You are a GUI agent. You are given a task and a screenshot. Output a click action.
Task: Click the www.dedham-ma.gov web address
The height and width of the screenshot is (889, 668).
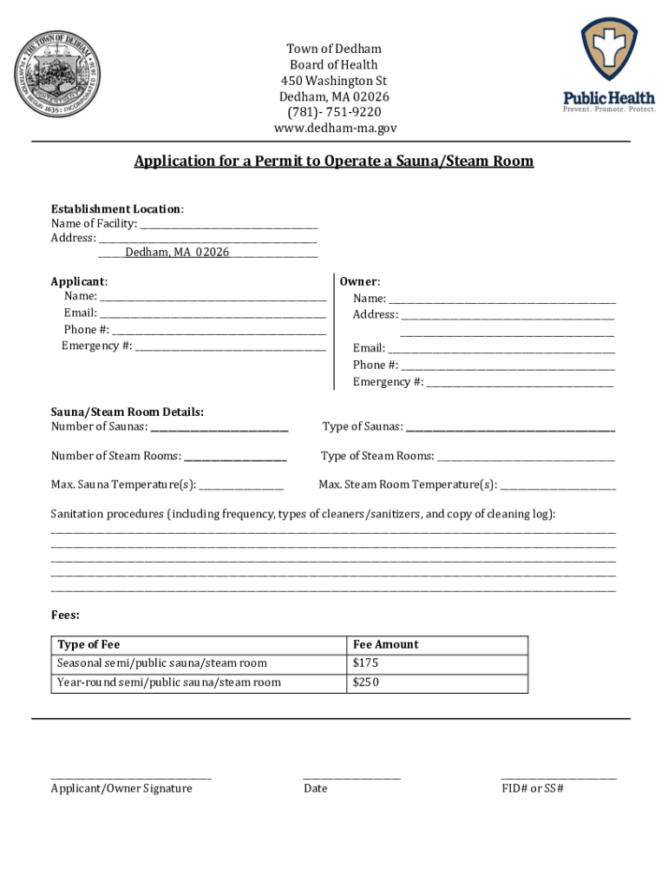coord(335,128)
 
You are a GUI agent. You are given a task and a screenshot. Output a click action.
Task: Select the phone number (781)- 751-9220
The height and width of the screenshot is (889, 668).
coord(335,112)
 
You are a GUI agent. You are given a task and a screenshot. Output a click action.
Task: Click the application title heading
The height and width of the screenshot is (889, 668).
coord(333,161)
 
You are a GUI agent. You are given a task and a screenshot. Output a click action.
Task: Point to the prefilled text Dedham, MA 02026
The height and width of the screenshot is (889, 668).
coord(177,252)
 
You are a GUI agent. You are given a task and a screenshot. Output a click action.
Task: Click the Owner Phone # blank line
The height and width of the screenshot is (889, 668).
coord(508,365)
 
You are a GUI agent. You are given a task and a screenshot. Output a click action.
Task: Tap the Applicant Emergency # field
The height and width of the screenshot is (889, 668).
coord(230,347)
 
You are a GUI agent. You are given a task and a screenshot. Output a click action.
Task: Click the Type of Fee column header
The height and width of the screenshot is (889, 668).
coord(88,644)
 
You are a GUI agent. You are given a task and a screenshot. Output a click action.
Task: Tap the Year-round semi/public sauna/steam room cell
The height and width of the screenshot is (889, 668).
coord(169,682)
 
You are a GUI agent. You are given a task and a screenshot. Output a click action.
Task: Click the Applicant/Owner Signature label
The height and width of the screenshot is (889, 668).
coord(121,788)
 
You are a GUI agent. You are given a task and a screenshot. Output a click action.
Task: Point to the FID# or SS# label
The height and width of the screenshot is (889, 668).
coord(533,788)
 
